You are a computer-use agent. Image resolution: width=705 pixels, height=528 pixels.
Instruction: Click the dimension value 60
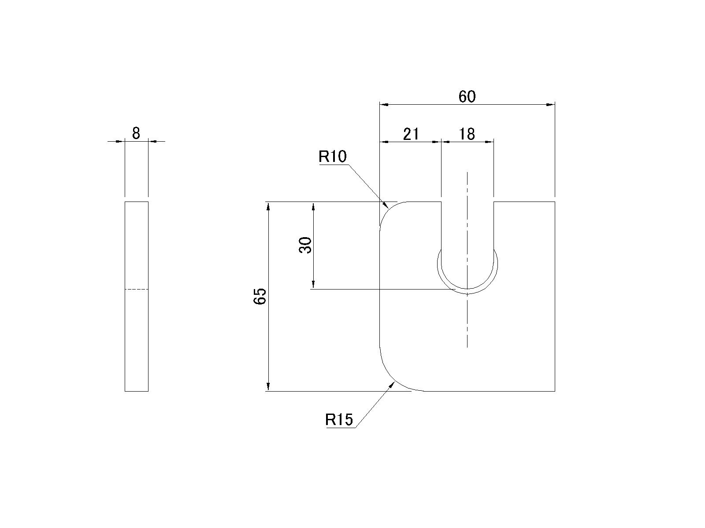coord(467,96)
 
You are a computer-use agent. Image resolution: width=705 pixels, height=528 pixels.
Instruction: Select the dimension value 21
coord(411,134)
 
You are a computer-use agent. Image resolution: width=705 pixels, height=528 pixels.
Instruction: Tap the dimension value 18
coord(467,134)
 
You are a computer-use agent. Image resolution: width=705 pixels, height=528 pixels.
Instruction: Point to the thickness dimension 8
coord(136,133)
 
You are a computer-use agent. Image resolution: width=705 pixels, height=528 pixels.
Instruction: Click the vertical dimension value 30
coord(305,245)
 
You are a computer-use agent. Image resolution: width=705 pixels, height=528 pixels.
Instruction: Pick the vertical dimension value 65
coord(260,296)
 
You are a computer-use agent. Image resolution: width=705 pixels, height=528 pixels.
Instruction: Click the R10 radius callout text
coord(332,157)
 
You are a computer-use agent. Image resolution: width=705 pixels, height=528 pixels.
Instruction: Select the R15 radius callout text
coord(339,419)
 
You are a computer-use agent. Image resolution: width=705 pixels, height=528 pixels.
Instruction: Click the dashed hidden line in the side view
coord(137,290)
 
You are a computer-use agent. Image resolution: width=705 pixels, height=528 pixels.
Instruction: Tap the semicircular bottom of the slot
coord(468,289)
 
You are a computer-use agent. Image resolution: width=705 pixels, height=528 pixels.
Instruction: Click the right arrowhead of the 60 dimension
coord(551,105)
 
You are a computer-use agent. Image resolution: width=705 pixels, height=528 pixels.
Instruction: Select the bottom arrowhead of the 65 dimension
coord(268,387)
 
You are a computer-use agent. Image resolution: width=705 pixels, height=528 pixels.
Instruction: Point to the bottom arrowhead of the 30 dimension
coord(313,285)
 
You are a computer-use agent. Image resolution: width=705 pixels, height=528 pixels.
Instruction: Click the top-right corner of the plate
coord(555,202)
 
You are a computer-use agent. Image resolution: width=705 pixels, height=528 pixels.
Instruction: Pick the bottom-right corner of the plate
coord(555,392)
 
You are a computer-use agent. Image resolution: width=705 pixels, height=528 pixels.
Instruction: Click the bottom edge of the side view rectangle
coord(137,392)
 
